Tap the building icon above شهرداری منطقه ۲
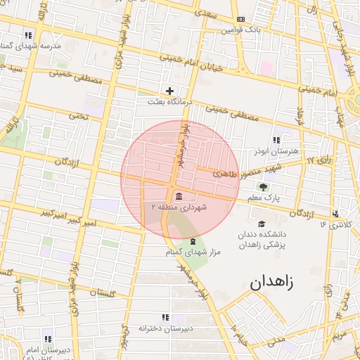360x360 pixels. [x=177, y=195]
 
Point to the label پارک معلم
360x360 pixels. [x=264, y=199]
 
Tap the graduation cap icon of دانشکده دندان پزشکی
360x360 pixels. [x=262, y=223]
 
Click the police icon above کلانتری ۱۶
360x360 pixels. [x=336, y=213]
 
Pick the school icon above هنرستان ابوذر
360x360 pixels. [x=276, y=140]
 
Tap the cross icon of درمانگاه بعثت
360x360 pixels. [x=169, y=91]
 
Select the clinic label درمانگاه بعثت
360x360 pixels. [x=167, y=102]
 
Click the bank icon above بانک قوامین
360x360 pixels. [x=242, y=19]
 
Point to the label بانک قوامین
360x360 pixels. [x=240, y=30]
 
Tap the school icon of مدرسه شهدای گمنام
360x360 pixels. [x=28, y=34]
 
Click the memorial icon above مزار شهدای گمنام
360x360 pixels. [x=193, y=242]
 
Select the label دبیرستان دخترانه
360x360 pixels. [x=166, y=328]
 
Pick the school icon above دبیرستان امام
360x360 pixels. [x=48, y=338]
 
